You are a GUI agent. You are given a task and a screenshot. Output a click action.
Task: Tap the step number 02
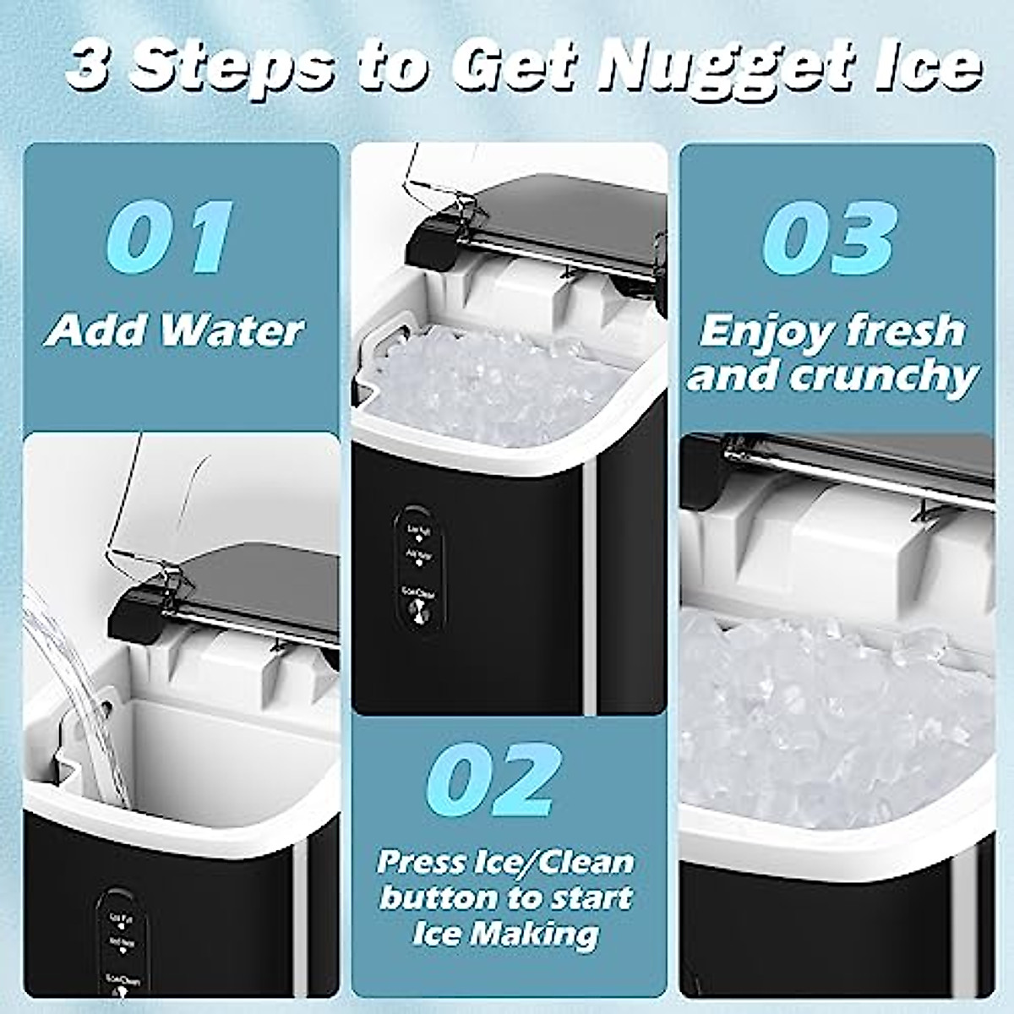tap(490, 780)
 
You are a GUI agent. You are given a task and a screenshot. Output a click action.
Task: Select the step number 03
tap(827, 234)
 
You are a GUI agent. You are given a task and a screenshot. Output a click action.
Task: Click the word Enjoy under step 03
tap(756, 331)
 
